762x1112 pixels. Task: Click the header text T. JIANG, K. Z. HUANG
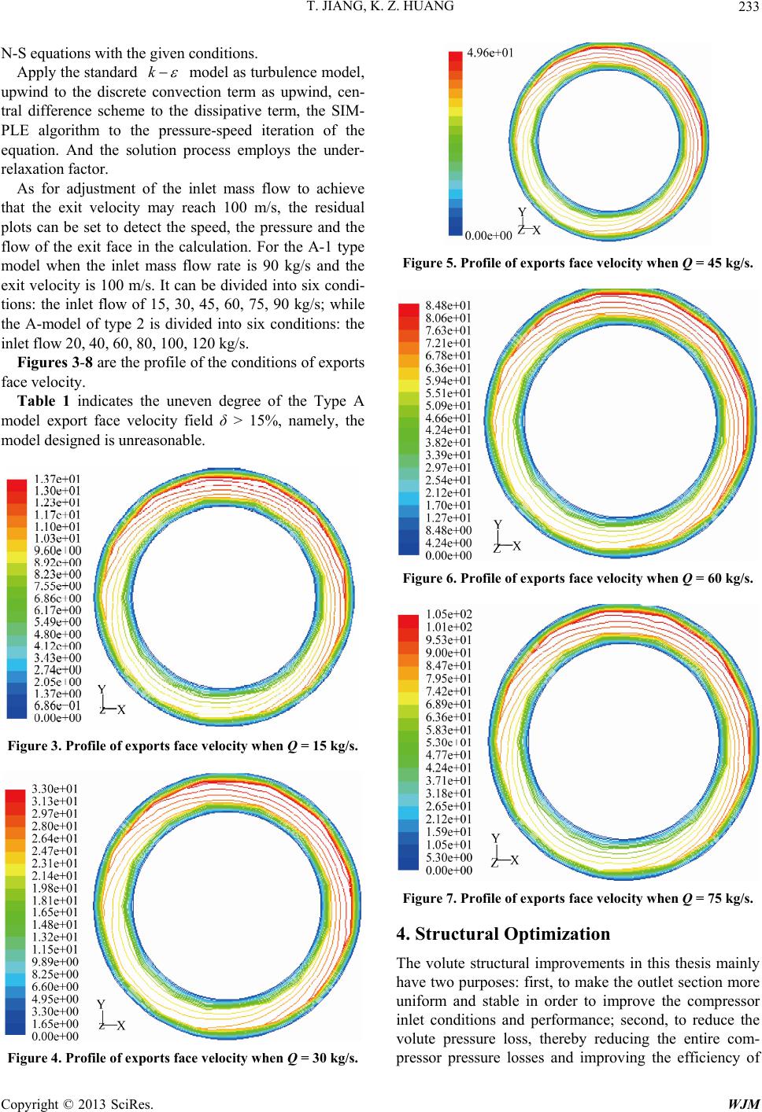[381, 10]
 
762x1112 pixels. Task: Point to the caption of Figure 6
[578, 580]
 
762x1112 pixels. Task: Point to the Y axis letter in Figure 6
[497, 524]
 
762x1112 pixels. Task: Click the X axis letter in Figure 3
[120, 710]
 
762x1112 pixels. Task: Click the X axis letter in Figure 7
[515, 860]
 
